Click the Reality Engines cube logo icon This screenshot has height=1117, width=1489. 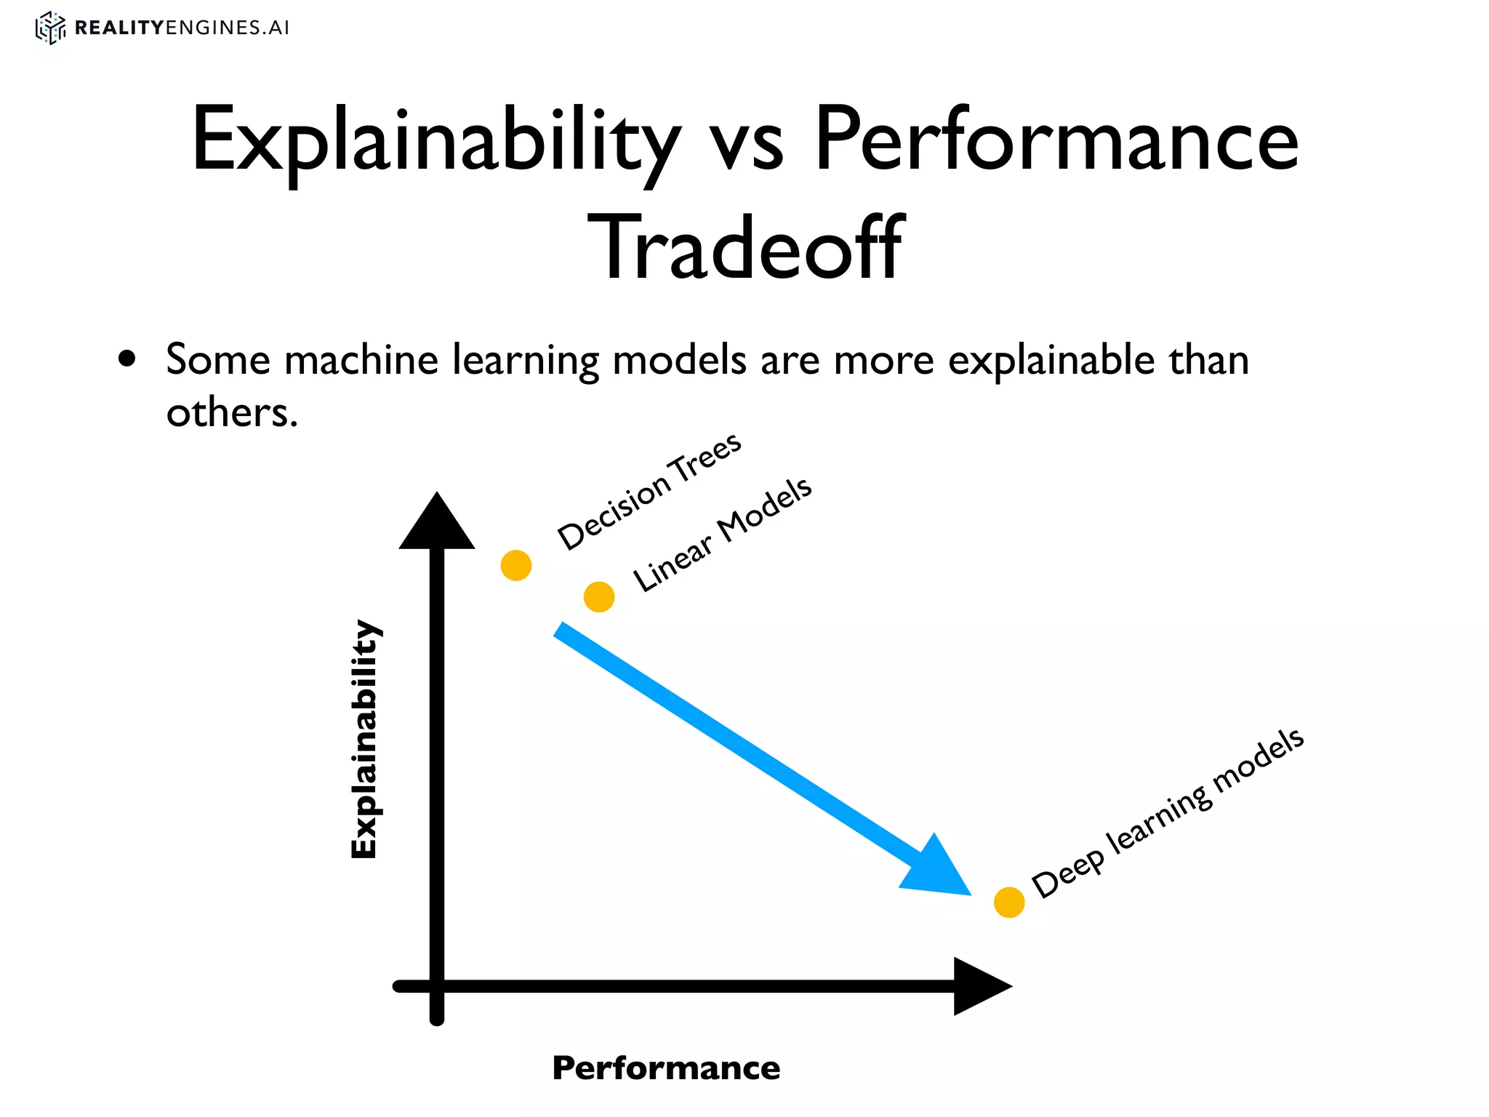[50, 28]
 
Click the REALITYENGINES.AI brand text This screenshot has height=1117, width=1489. [182, 28]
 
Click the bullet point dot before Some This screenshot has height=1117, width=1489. [127, 359]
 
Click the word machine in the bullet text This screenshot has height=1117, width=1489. [361, 360]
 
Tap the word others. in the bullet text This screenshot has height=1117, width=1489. [232, 413]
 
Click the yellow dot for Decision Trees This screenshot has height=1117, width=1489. [516, 565]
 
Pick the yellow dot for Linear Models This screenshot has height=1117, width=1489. [599, 597]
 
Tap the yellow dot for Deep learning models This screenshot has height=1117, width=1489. [1009, 902]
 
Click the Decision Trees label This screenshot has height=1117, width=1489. [649, 492]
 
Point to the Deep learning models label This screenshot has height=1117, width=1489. [1168, 813]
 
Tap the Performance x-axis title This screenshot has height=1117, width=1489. [666, 1068]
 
